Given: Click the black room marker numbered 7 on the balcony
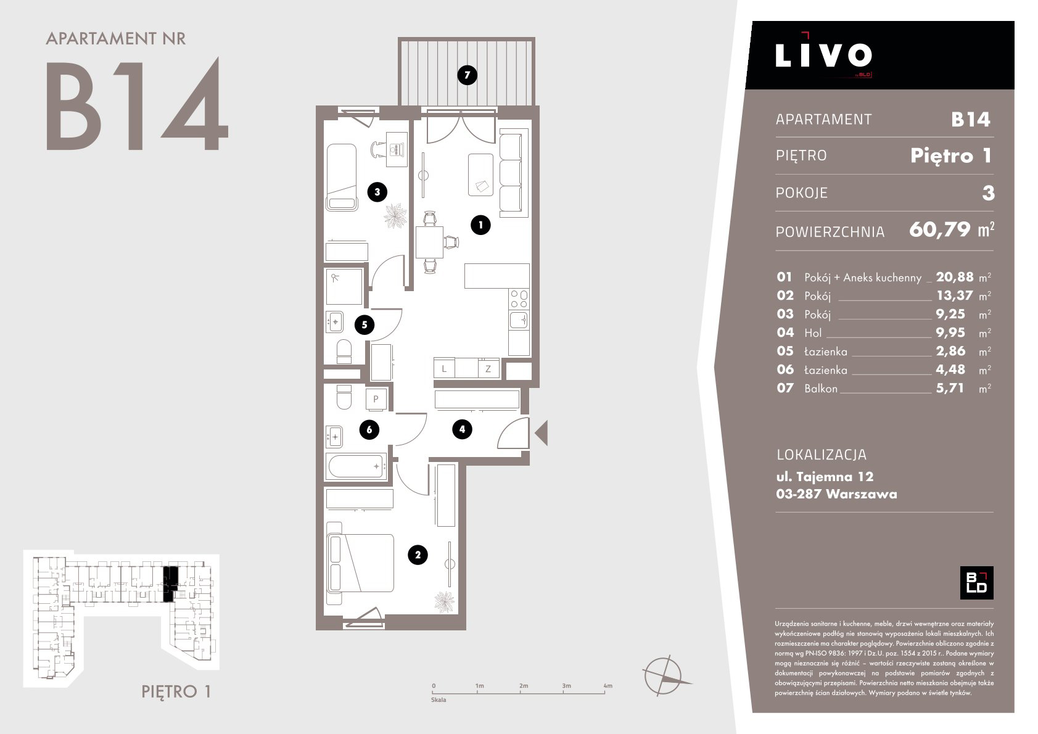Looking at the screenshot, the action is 467,75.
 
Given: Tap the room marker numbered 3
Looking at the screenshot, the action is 377,192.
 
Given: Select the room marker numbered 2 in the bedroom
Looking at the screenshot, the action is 418,555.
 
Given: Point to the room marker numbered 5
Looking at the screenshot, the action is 365,325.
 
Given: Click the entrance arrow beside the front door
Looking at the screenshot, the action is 542,433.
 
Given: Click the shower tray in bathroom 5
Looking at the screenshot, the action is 344,286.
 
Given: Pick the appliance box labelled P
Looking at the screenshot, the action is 376,399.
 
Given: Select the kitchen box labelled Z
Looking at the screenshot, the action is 488,368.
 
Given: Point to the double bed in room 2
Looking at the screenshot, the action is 361,563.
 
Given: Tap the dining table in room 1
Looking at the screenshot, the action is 429,242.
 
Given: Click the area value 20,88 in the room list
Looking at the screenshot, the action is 955,277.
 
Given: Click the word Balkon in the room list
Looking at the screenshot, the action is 821,389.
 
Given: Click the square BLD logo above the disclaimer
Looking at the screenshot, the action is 977,582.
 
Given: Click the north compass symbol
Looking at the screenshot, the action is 665,675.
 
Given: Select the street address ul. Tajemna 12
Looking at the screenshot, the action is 825,477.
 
